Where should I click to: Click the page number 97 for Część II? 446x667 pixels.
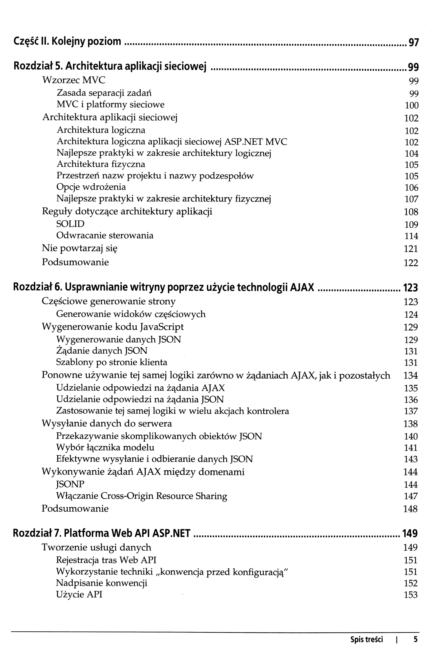coord(414,43)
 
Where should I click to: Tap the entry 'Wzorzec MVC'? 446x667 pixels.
coord(74,80)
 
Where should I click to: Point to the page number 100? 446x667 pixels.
coord(412,106)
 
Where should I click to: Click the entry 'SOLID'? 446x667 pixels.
coord(70,224)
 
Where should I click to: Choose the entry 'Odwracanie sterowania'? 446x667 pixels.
coord(105,235)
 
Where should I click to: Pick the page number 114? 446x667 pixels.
coord(411,236)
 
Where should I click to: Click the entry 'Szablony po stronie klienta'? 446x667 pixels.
coord(112,362)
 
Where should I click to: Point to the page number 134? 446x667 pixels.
coord(410,375)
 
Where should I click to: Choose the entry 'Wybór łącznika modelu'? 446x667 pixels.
coord(105,448)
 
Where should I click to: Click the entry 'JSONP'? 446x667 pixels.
coord(70,484)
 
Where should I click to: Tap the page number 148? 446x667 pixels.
coord(410,509)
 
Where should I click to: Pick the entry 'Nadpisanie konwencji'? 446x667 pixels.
coord(102,583)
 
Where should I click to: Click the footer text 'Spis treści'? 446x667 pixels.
coord(366,639)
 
